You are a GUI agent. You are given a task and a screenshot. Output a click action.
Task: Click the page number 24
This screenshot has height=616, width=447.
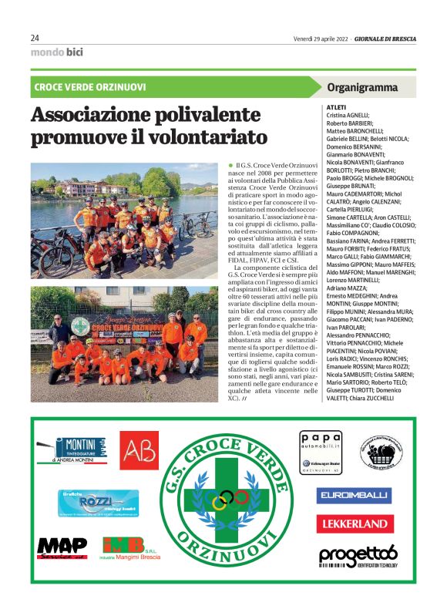pos(35,38)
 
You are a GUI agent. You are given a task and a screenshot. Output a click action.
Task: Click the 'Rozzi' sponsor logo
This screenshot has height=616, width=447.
pos(98,503)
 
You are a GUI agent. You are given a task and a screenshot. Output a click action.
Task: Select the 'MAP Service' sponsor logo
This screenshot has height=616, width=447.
pos(62,547)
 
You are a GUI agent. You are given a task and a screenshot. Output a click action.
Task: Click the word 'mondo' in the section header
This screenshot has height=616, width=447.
pos(46,52)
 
